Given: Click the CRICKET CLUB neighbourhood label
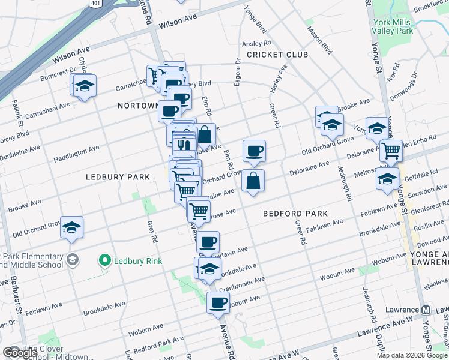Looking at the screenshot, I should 277,55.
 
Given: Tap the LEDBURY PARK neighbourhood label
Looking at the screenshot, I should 118,177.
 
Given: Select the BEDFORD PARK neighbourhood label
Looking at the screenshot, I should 295,214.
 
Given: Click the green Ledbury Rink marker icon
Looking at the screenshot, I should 106,260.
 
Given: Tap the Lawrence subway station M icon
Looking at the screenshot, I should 426,310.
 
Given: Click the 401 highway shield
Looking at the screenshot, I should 95,3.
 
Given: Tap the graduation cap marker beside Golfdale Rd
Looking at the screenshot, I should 387,178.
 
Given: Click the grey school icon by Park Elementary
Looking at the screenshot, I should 72,260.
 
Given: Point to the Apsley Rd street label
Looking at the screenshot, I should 256,44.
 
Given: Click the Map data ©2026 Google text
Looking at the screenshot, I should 412,355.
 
